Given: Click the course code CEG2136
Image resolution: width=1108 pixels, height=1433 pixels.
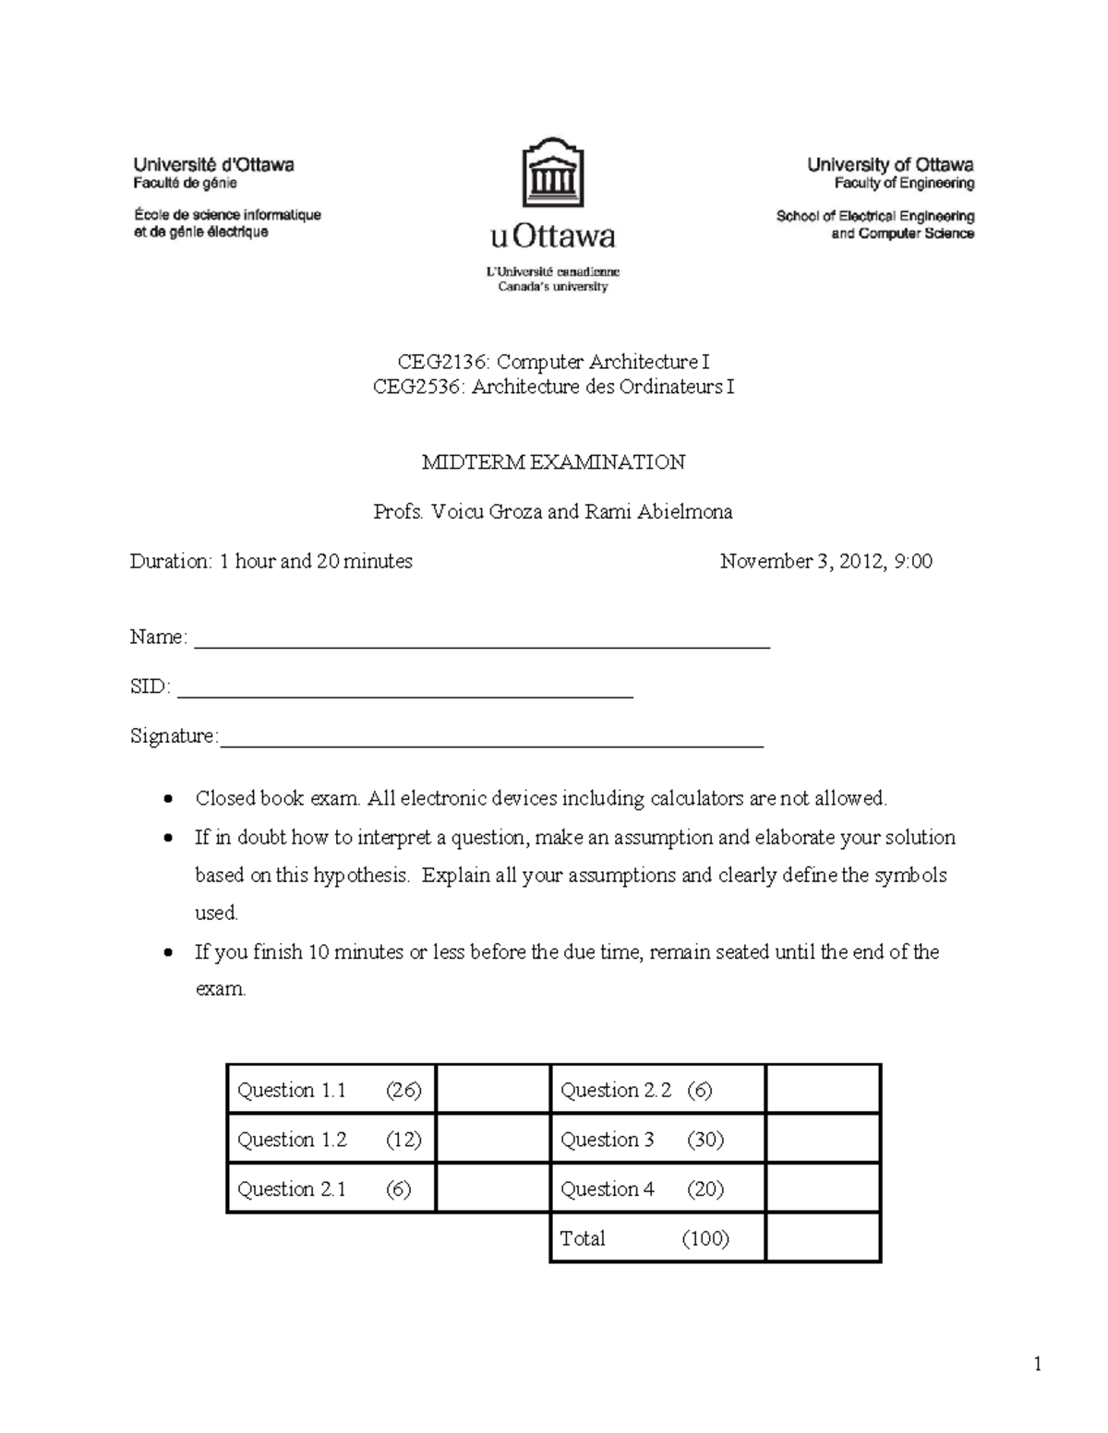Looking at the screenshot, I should click(x=434, y=362).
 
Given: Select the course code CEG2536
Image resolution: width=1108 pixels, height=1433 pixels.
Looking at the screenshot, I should click(x=417, y=387).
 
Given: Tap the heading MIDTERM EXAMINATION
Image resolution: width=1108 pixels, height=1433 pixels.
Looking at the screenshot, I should click(x=553, y=462).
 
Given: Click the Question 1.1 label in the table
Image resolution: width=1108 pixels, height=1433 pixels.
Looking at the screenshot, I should click(x=292, y=1091).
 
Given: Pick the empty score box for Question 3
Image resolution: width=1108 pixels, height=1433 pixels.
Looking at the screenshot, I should click(x=822, y=1140).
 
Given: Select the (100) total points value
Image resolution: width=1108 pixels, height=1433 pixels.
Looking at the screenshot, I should click(x=705, y=1238).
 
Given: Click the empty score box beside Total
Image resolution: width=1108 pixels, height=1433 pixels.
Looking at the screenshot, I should click(x=822, y=1238).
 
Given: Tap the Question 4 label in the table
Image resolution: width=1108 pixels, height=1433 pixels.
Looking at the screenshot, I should click(x=607, y=1189).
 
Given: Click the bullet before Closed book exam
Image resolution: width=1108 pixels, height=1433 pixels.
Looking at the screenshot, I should click(x=167, y=799).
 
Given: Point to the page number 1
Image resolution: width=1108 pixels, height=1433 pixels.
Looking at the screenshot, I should click(x=1038, y=1365).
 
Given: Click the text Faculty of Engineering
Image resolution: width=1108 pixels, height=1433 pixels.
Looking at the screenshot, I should click(x=904, y=184).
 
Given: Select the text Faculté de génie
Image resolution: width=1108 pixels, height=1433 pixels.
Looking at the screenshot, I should click(x=186, y=184).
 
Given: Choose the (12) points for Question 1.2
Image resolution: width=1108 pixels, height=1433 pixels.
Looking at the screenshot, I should click(x=403, y=1140).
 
